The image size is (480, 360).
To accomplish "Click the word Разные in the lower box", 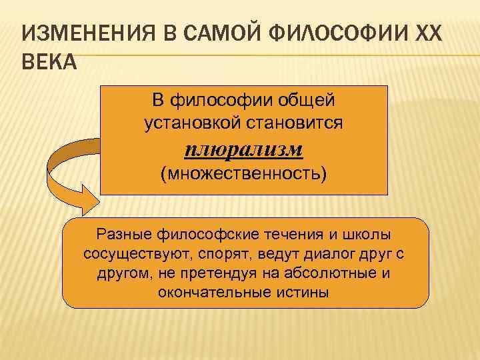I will click(119, 236).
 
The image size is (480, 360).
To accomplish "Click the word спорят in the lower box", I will click(225, 255).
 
